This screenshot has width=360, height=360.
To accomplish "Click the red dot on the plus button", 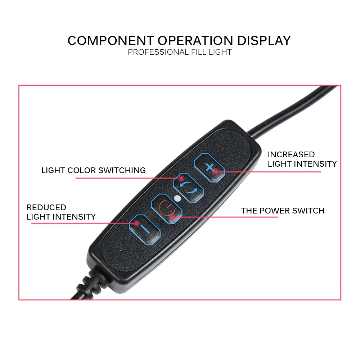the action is [215, 172].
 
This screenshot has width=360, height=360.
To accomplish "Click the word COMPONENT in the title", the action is [111, 40].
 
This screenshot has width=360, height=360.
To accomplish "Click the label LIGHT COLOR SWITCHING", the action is [94, 170].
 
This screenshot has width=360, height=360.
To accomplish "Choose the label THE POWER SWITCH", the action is [283, 211].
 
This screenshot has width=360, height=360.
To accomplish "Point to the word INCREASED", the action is [291, 154].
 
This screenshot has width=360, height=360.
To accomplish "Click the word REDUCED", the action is [46, 207].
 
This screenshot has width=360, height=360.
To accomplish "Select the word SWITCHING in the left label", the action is [122, 170].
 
